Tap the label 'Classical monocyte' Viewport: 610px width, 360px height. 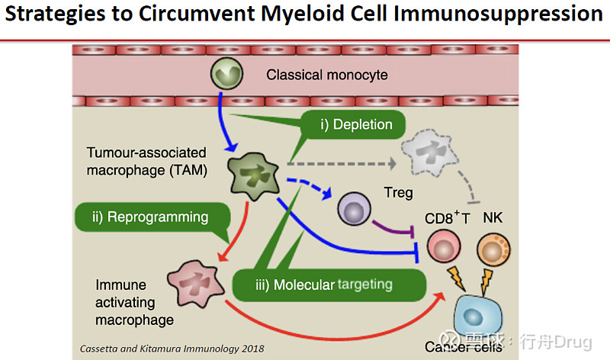(x=326, y=75)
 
